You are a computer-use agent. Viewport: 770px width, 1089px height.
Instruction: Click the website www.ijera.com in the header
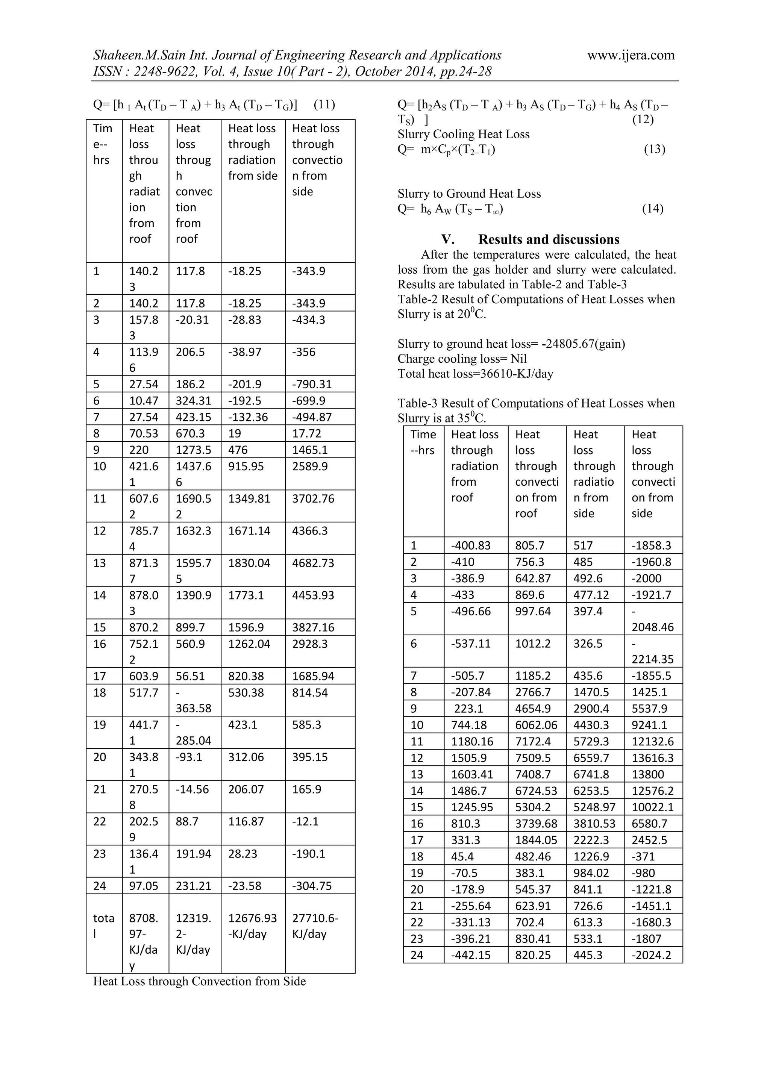click(631, 56)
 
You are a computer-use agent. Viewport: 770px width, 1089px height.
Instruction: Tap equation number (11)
click(324, 105)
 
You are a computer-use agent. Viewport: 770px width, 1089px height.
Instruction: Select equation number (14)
click(653, 209)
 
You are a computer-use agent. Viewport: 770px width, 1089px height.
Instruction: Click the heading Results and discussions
click(549, 239)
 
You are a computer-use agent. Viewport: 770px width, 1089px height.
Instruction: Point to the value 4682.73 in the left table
click(313, 563)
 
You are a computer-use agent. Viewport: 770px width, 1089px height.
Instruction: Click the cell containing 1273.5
click(192, 450)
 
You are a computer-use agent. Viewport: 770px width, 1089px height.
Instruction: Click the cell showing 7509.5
click(533, 758)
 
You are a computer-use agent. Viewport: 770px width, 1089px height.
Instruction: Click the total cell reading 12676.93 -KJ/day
click(252, 926)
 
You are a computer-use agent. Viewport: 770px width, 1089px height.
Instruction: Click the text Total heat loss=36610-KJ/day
click(475, 374)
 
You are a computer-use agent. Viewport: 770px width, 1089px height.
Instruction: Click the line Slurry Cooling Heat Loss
click(464, 134)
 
